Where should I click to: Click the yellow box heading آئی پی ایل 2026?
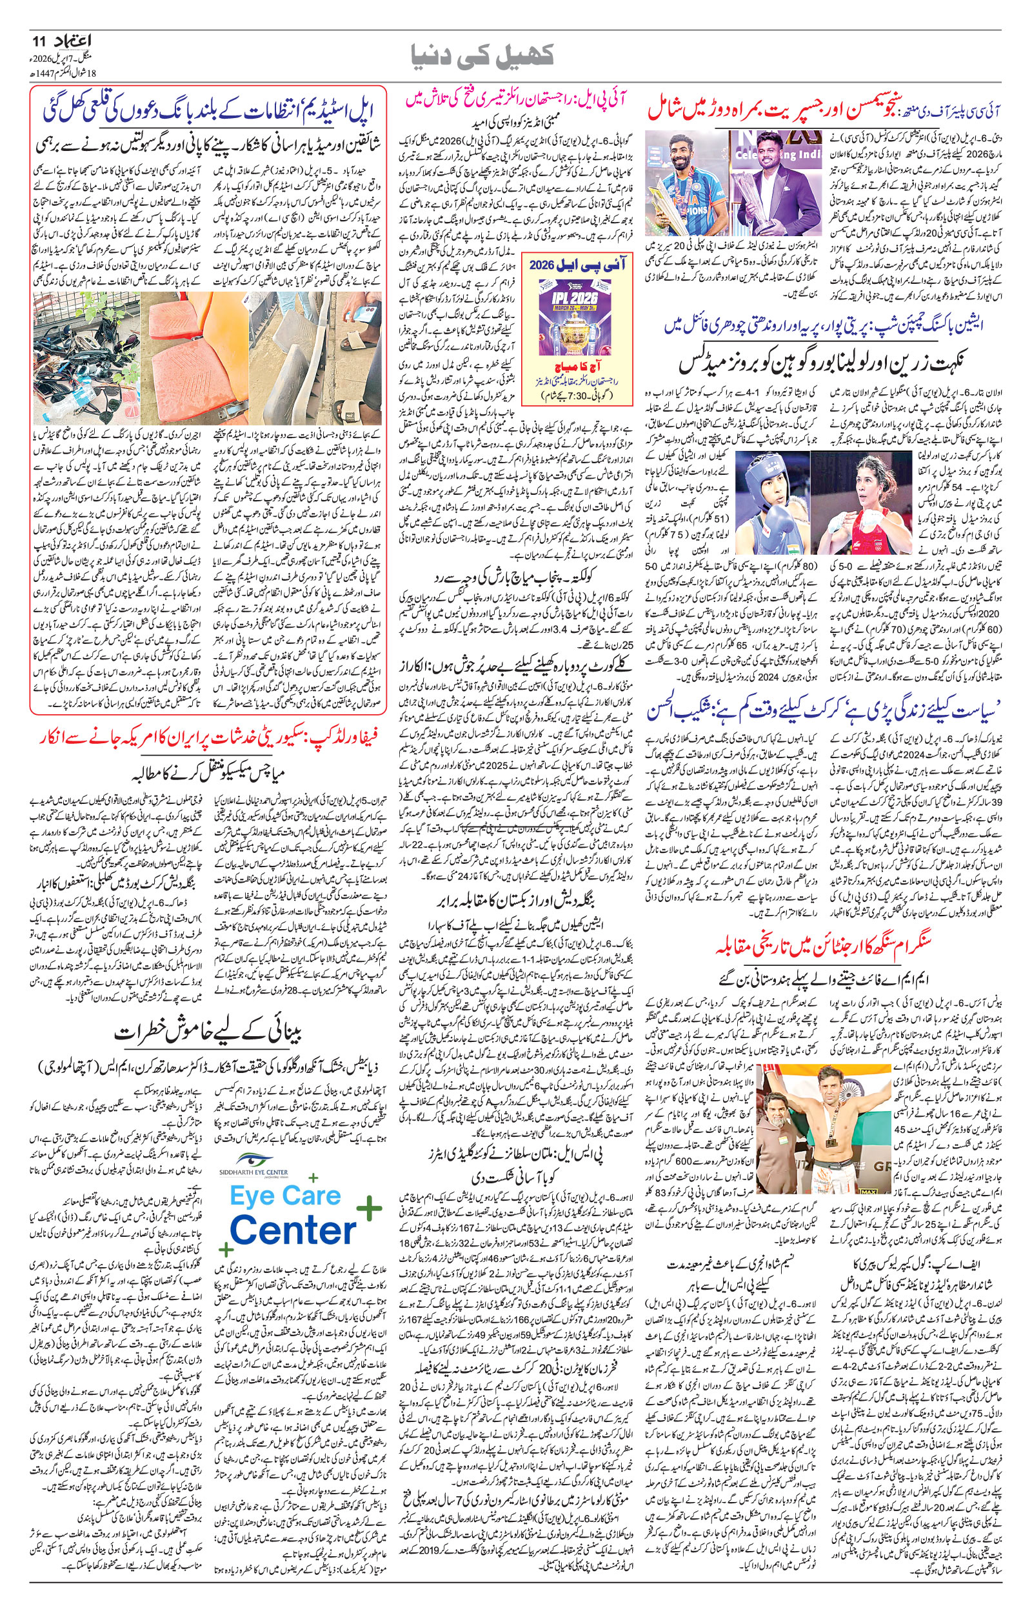[577, 265]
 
